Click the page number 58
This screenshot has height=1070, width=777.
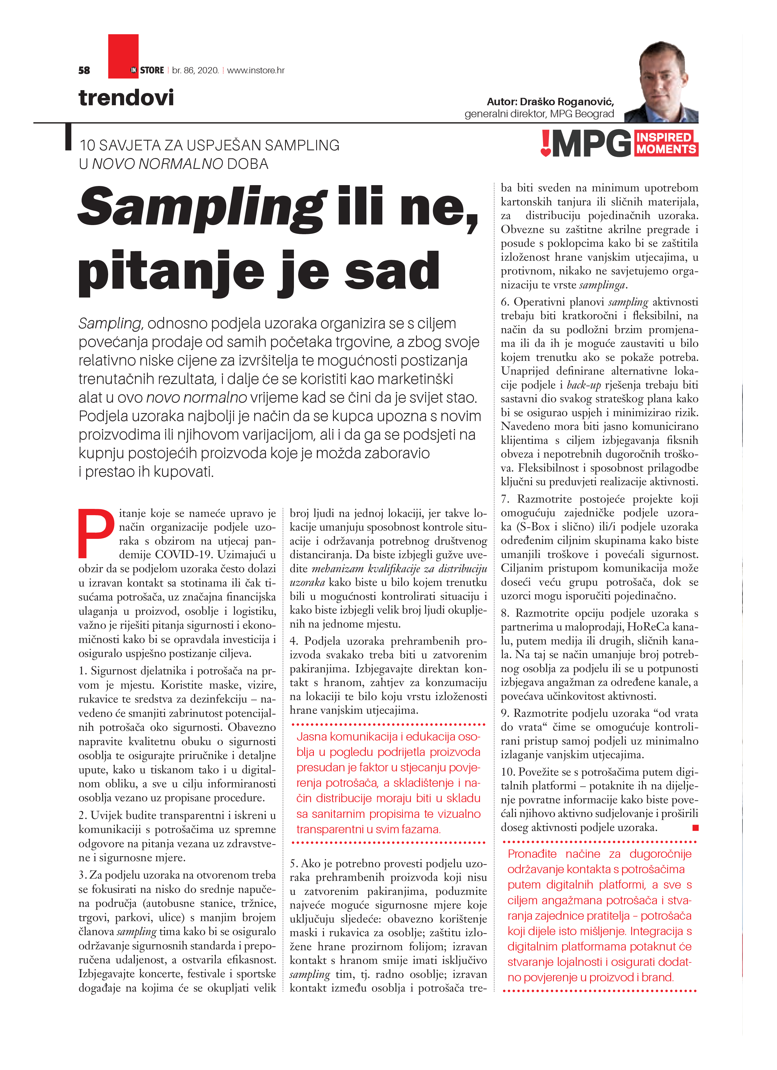click(x=84, y=70)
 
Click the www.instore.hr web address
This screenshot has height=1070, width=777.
click(x=256, y=70)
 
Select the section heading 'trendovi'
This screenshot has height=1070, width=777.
click(x=126, y=98)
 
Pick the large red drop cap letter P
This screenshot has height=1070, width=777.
click(x=96, y=533)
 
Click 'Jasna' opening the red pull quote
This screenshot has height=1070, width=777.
click(x=312, y=737)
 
